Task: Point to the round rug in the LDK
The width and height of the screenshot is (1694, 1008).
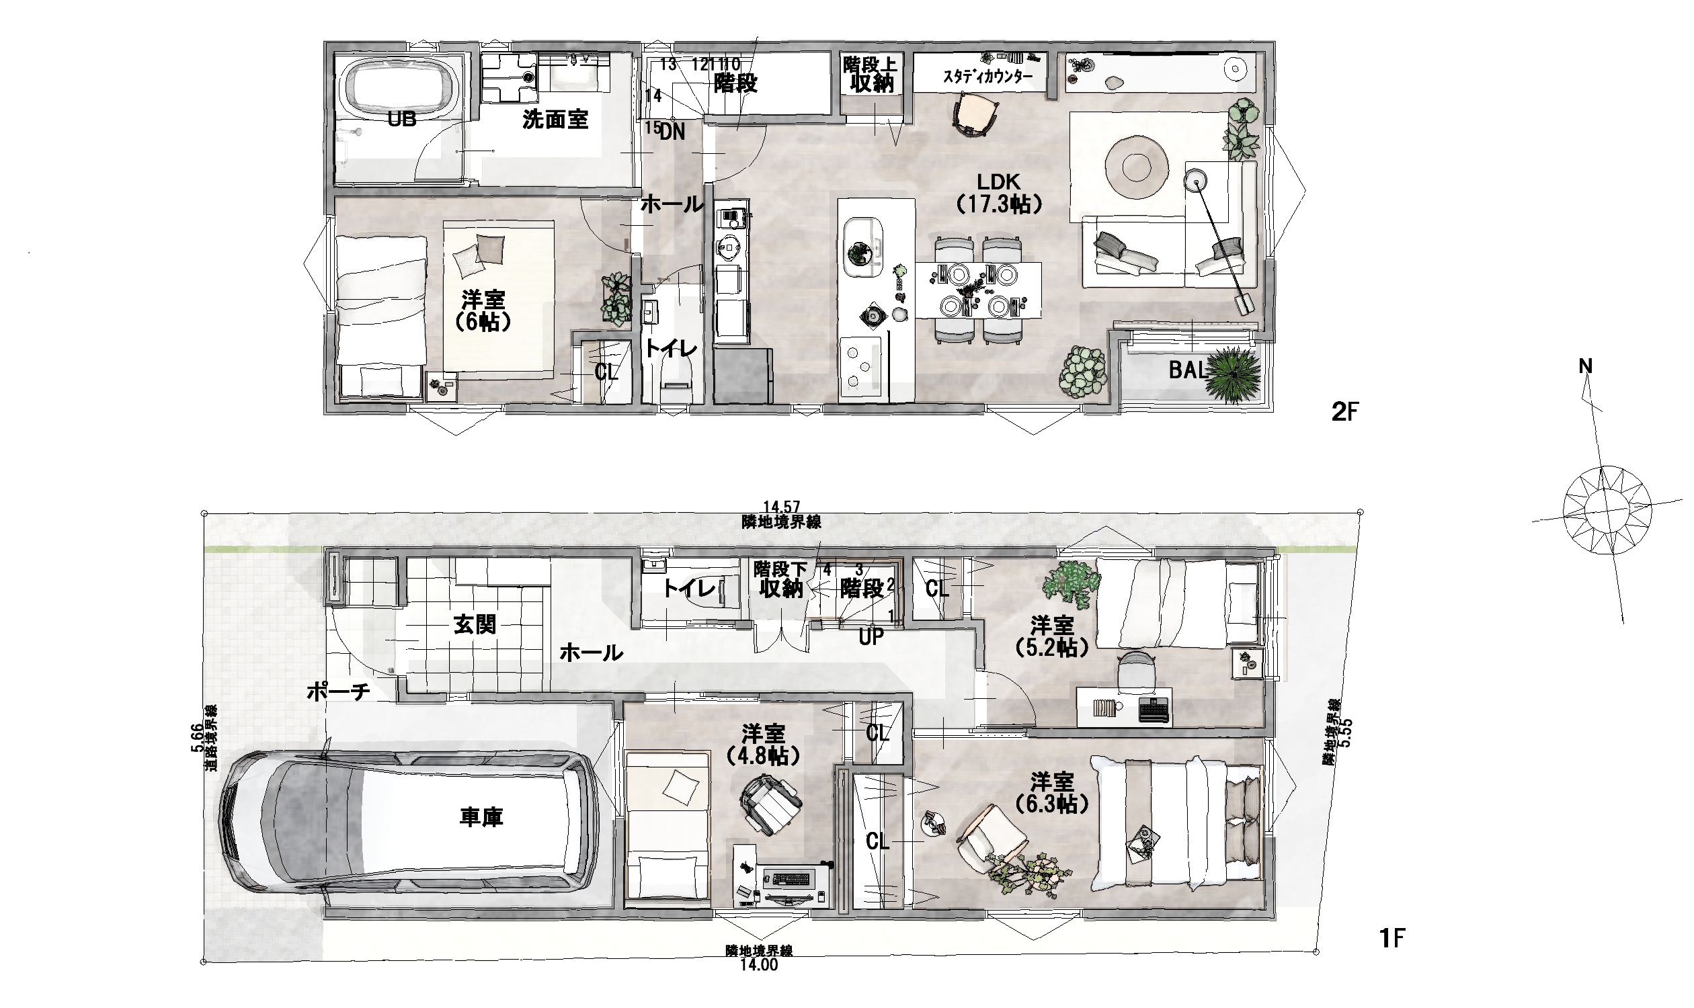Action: tap(1136, 165)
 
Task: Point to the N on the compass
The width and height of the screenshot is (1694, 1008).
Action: tap(1585, 367)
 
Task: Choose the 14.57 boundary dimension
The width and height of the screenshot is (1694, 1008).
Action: tap(781, 507)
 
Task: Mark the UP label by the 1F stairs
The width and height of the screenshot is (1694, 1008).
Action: tap(871, 636)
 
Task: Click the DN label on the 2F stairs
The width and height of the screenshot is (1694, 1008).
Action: tap(672, 132)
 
